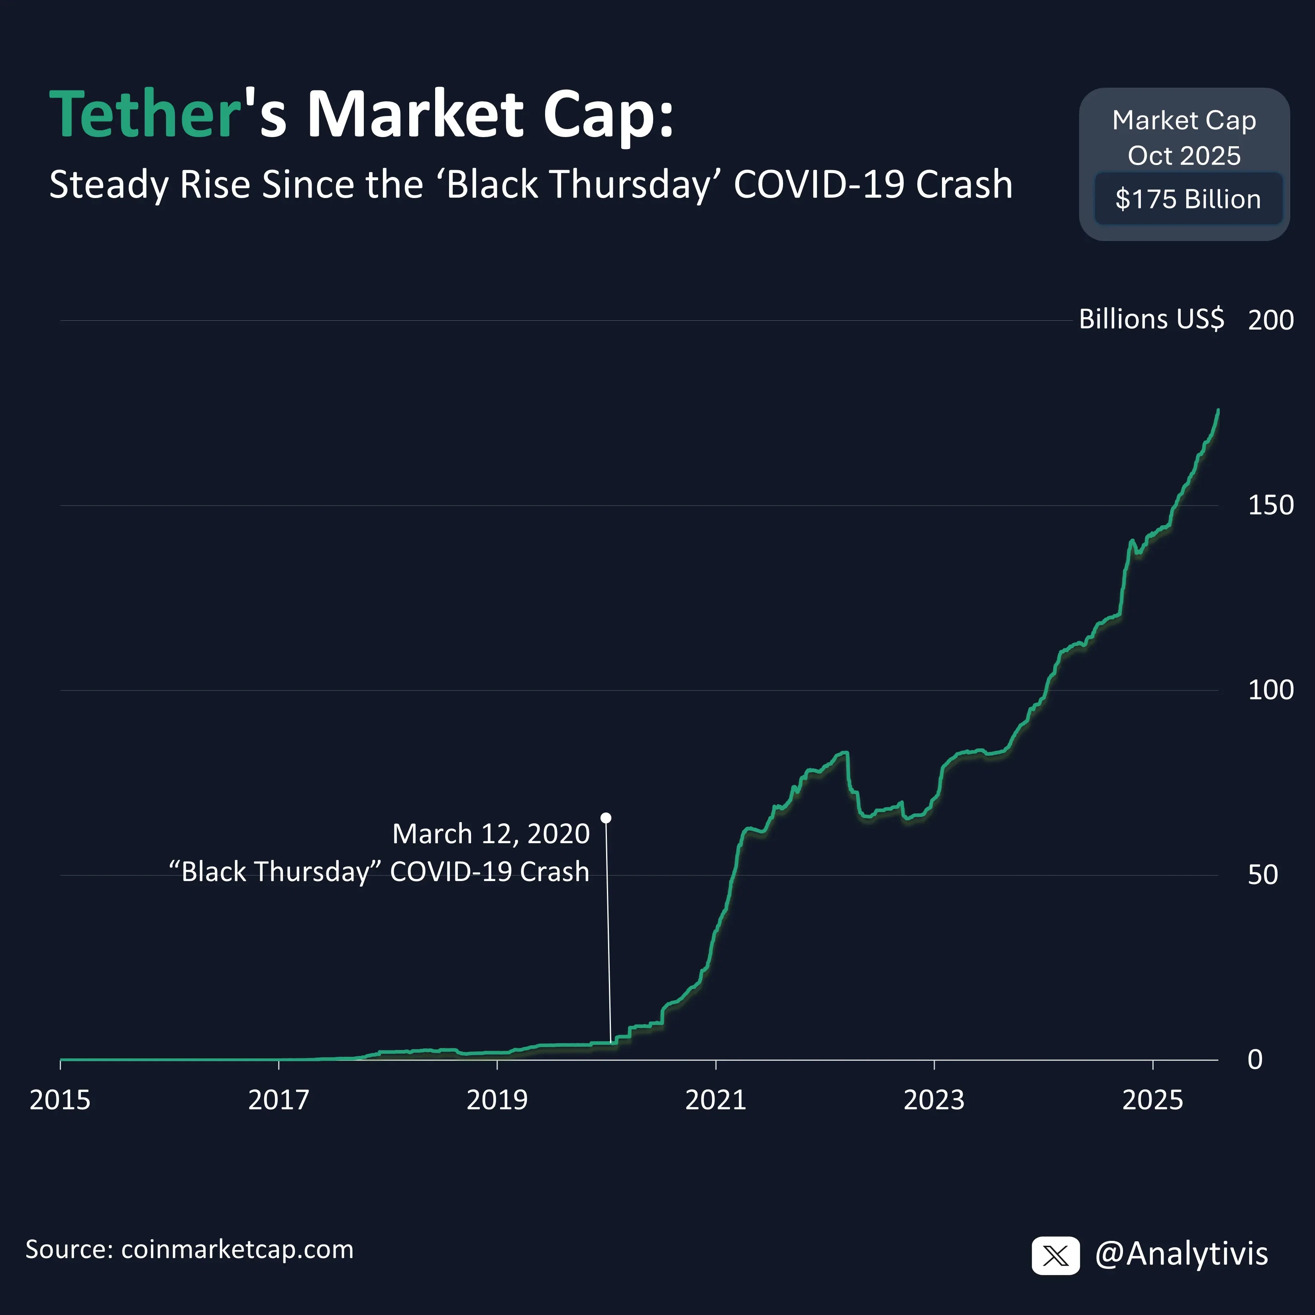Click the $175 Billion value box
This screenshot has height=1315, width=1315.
click(1188, 199)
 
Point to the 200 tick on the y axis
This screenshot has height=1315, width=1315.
click(1270, 320)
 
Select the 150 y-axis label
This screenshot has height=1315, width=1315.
click(1270, 505)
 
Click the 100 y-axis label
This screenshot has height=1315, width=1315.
click(1270, 690)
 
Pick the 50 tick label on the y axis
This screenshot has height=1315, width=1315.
click(1262, 875)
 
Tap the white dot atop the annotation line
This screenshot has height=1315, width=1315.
click(606, 817)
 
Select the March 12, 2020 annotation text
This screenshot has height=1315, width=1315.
click(491, 834)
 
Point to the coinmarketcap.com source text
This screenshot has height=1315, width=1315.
click(237, 1250)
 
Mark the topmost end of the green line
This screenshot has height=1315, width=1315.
click(1218, 410)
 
